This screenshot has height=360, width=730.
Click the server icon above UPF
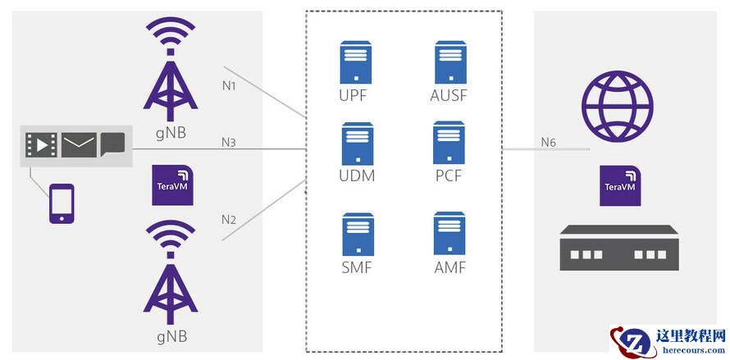coord(354,62)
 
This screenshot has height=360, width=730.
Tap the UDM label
coord(356,175)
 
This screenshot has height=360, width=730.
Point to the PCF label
coord(449,175)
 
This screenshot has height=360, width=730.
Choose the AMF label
coord(449,267)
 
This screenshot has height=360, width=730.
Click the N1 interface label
coord(229,85)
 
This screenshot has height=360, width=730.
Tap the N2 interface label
coord(229,220)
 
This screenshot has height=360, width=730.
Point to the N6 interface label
coord(548,143)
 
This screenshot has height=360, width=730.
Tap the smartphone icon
coord(62,203)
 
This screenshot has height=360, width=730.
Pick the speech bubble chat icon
coord(112,144)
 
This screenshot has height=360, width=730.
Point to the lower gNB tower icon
coord(171,275)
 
